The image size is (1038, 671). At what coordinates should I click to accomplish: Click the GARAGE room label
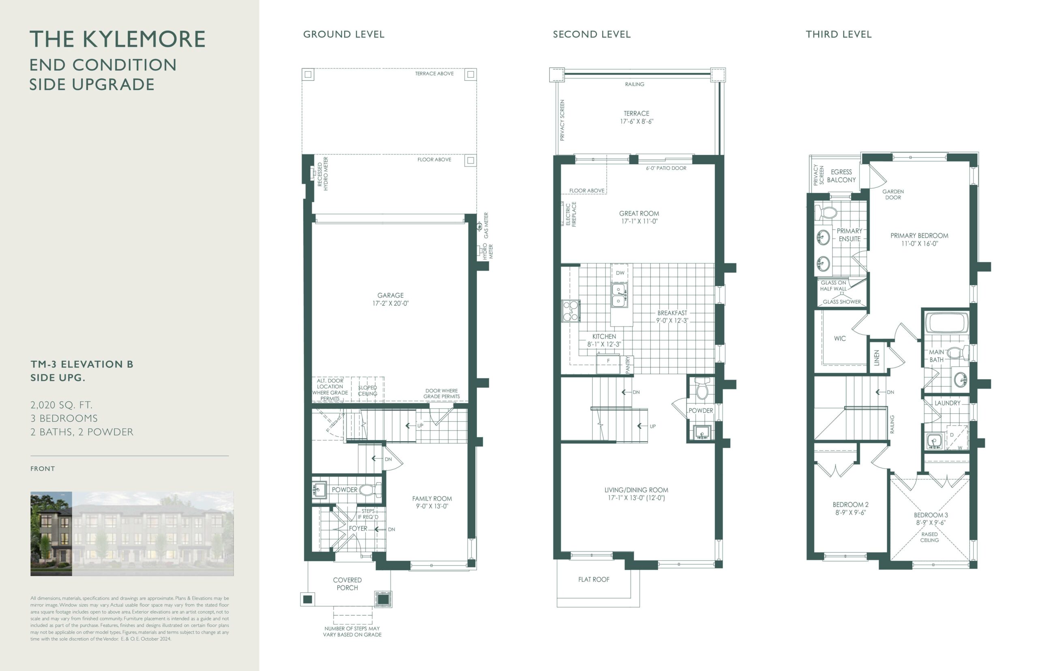click(x=390, y=295)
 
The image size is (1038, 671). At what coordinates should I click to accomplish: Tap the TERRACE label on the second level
click(x=636, y=113)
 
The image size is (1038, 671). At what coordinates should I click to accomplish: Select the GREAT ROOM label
click(x=639, y=214)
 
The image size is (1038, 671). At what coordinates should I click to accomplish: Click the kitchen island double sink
click(x=619, y=295)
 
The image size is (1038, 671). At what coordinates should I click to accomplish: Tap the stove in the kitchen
click(x=570, y=311)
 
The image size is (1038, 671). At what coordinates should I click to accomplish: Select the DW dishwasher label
click(x=620, y=273)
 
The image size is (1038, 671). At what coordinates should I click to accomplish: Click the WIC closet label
click(x=840, y=339)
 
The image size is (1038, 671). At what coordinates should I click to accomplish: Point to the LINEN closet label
click(x=877, y=358)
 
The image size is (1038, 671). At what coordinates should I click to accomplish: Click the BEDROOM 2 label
click(x=851, y=504)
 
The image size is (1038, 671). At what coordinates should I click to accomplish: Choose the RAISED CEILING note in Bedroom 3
click(x=929, y=537)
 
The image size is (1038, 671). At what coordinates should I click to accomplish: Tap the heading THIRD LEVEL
click(x=839, y=34)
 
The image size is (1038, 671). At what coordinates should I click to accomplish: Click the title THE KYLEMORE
click(x=117, y=39)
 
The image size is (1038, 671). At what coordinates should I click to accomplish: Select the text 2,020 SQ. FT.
click(x=62, y=405)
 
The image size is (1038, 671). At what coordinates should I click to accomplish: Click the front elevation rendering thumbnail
click(x=132, y=534)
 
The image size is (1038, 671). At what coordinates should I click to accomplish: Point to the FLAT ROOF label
click(x=594, y=579)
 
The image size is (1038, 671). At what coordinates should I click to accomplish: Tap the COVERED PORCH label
click(x=347, y=584)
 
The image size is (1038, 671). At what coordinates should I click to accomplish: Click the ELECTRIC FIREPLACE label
click(x=570, y=214)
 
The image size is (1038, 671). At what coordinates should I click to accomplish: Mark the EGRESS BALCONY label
click(x=841, y=176)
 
